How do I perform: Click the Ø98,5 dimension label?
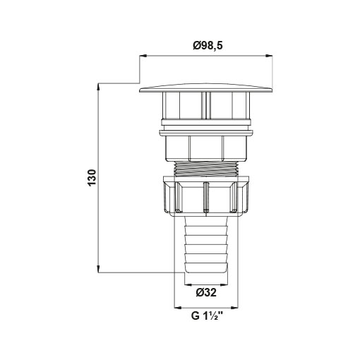point(208,46)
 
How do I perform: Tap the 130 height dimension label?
point(92,177)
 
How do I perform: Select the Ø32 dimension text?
point(206,293)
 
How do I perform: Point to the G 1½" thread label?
point(207,316)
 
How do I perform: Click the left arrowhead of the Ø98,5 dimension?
point(143,56)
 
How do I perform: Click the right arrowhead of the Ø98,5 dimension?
point(269,56)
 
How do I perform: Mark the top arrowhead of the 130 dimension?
point(98,87)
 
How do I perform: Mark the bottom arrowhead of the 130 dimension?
point(98,269)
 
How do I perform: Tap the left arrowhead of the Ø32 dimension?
point(188,284)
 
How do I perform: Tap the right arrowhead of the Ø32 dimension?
point(224,284)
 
